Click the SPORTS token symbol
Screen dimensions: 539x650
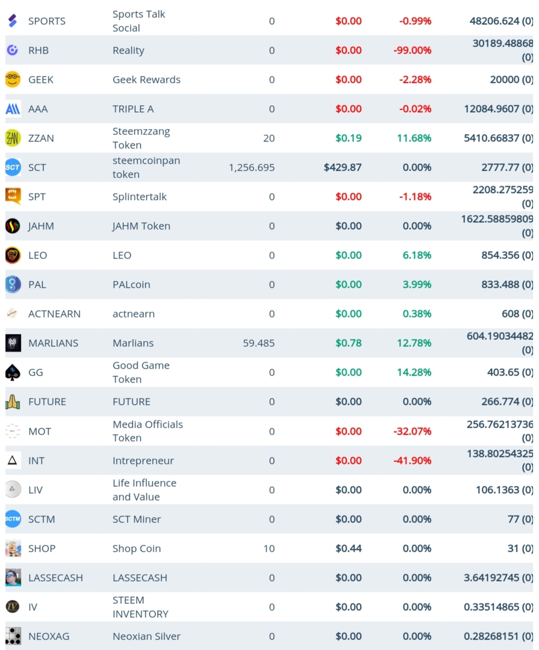[47, 21]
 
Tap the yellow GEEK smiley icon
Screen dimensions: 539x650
[13, 79]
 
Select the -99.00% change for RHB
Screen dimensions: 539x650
[413, 50]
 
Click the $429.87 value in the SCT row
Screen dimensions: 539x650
[343, 168]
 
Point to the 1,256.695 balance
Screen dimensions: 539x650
[252, 168]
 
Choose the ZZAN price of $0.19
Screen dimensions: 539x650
[349, 138]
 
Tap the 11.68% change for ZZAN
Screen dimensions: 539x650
[414, 138]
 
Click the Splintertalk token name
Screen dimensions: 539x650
[139, 197]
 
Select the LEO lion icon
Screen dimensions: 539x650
[13, 255]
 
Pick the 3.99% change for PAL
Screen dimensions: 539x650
[417, 284]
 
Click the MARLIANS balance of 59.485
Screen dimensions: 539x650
[259, 343]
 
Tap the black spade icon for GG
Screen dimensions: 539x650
[13, 372]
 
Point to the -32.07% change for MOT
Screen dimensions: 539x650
[413, 431]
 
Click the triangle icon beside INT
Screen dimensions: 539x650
[12, 460]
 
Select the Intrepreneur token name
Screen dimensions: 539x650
[143, 461]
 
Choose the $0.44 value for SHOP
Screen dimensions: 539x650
[349, 548]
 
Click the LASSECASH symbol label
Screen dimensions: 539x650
[56, 578]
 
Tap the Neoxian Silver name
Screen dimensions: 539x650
[147, 636]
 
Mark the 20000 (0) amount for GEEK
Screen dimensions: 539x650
[512, 79]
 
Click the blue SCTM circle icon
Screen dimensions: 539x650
[13, 519]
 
